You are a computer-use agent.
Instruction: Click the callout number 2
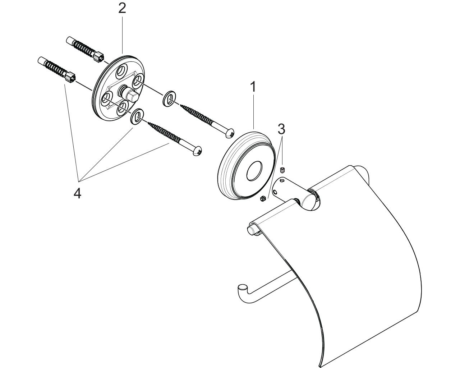[x=122, y=9]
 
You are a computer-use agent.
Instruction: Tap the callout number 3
[x=281, y=129]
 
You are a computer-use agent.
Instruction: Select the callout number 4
[x=77, y=194]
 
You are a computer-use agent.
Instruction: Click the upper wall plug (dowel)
[x=85, y=49]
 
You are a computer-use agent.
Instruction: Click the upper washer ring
[x=169, y=98]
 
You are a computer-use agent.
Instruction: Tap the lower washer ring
[x=137, y=117]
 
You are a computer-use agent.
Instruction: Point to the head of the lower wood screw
[x=197, y=151]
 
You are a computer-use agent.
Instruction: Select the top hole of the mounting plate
[x=122, y=72]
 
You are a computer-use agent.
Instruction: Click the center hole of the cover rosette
[x=254, y=170]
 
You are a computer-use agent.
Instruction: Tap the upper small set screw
[x=283, y=170]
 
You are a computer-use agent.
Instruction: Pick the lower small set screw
[x=263, y=199]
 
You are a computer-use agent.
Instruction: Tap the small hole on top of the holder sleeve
[x=282, y=181]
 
